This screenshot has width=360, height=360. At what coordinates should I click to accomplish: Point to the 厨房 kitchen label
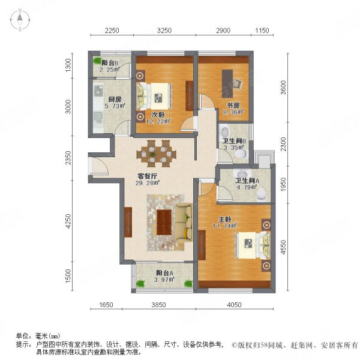tap(115, 100)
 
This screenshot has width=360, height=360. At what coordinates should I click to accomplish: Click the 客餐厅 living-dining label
tap(148, 176)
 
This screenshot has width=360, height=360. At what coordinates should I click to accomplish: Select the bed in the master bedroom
tap(251, 243)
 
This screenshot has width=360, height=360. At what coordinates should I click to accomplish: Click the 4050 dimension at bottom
tap(234, 305)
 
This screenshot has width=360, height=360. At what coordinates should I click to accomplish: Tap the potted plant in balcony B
tap(97, 61)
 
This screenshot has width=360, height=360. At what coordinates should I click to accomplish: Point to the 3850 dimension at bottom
tap(158, 305)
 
